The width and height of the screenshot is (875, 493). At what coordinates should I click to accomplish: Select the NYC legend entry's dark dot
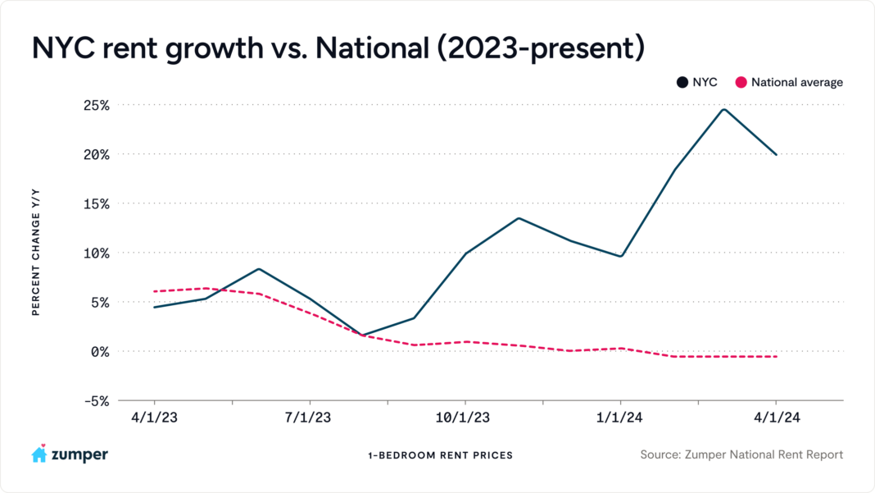pyautogui.click(x=682, y=82)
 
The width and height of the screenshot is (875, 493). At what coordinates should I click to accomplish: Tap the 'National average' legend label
pyautogui.click(x=796, y=82)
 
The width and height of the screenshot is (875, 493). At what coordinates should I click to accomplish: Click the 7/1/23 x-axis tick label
pyautogui.click(x=308, y=418)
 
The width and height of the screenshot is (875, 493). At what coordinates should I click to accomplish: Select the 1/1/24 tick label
pyautogui.click(x=620, y=418)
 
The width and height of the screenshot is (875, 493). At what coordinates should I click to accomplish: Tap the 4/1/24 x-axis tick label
pyautogui.click(x=775, y=418)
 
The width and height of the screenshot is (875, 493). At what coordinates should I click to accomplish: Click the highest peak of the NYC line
pyautogui.click(x=724, y=109)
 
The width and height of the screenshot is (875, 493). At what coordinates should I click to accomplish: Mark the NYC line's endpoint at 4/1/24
pyautogui.click(x=776, y=154)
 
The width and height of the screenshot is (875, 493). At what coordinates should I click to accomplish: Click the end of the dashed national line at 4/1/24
pyautogui.click(x=776, y=356)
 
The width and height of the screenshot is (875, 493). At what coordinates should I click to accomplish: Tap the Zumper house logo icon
pyautogui.click(x=39, y=454)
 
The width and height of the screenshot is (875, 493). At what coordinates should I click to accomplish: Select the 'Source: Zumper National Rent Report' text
pyautogui.click(x=741, y=454)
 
